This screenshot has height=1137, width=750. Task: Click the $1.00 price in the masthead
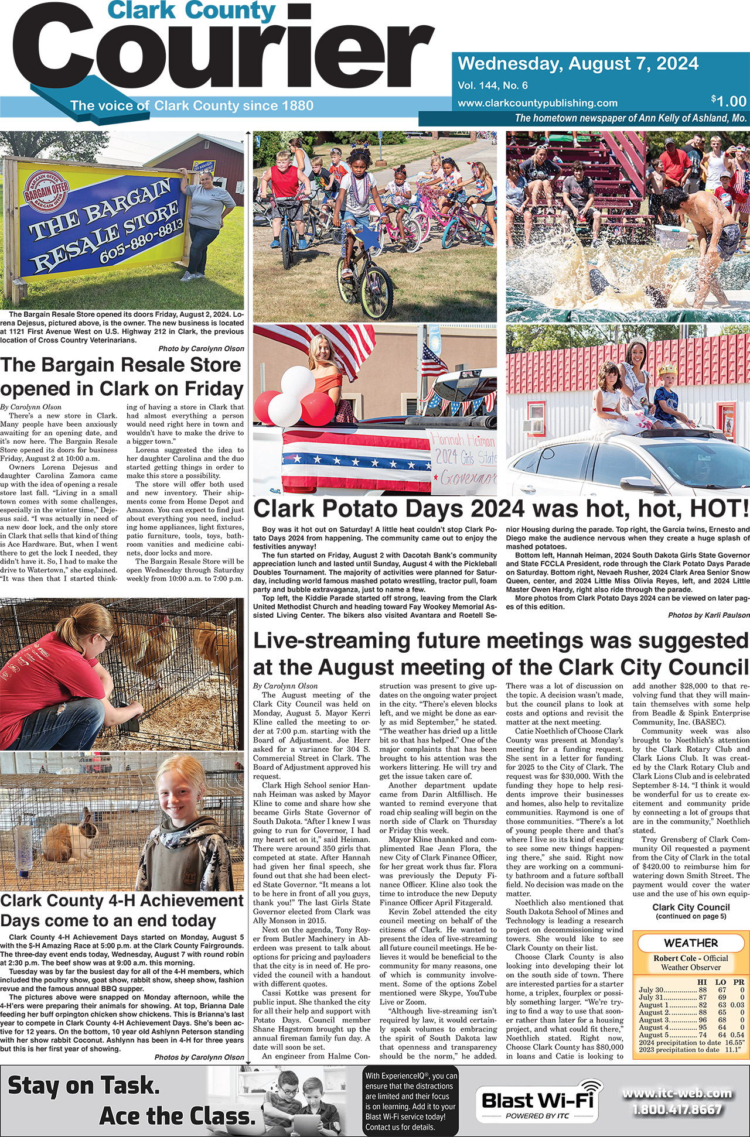point(729,101)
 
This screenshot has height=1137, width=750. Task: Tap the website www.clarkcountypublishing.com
point(537,103)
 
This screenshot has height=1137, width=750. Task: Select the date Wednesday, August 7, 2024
point(578,63)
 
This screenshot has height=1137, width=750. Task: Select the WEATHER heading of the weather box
point(691,943)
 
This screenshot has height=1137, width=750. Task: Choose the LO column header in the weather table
point(721,982)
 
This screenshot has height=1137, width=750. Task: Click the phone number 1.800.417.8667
point(677,1109)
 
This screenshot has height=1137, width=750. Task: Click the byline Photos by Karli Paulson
point(708,615)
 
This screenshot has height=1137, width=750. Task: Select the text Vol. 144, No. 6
point(493,85)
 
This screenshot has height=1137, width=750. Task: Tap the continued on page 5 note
point(691,916)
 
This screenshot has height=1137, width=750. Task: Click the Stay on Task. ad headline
point(84,1087)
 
